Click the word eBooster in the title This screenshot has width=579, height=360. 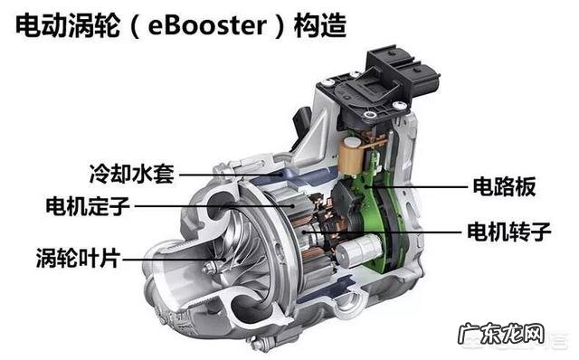[x=207, y=26]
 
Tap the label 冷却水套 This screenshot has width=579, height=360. [x=132, y=174]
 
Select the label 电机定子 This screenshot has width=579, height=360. [x=88, y=206]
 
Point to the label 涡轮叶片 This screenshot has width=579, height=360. [x=79, y=258]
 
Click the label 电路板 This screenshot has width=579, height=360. [x=505, y=186]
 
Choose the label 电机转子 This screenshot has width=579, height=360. [x=509, y=232]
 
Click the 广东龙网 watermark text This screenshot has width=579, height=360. [x=501, y=334]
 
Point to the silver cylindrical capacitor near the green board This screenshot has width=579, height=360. [x=358, y=251]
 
